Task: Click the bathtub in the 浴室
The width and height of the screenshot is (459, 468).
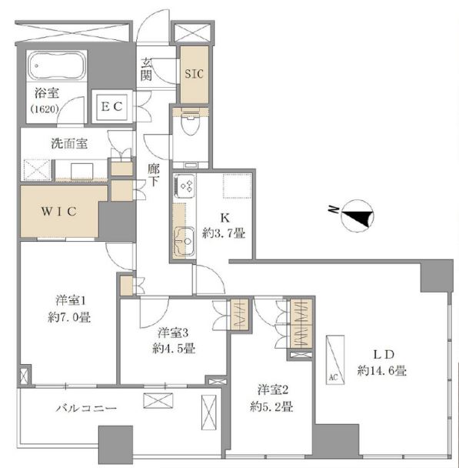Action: point(57,65)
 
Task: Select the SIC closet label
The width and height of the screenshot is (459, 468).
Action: point(194,74)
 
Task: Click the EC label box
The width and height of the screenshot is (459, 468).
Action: point(111,106)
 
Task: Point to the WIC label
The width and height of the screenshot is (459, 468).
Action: point(59,212)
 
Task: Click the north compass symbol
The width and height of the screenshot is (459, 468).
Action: point(357,216)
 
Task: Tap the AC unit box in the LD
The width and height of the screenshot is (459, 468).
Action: point(335,359)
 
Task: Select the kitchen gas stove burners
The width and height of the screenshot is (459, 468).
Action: point(185,186)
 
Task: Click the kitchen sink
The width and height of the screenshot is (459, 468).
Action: point(184,242)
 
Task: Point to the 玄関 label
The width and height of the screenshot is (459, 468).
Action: point(146,70)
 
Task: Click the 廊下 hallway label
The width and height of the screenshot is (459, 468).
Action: point(154,175)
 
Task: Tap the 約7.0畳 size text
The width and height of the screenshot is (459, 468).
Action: point(69,317)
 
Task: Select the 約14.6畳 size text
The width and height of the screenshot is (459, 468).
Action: point(382,371)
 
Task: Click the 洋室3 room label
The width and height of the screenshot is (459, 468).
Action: point(173,333)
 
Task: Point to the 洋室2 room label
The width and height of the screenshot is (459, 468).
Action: point(273,389)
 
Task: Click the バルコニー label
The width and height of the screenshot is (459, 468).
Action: point(86,408)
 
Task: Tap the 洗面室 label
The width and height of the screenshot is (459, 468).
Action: point(69,144)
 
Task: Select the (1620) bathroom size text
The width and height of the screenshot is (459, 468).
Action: point(45,109)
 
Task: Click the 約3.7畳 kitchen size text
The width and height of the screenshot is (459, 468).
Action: point(224,232)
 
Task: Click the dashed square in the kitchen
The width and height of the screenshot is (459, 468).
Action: point(238,186)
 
